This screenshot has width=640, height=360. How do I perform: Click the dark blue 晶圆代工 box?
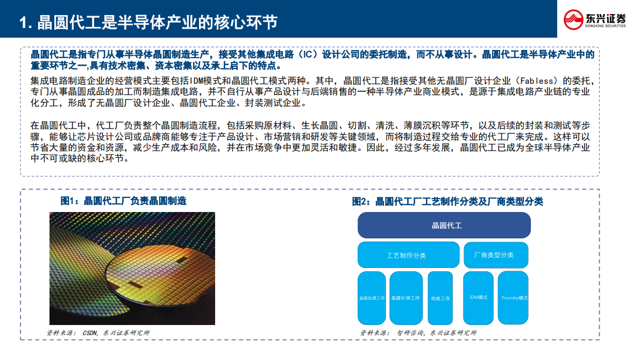[x=444, y=225]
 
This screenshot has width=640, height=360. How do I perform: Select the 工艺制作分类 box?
[x=406, y=255]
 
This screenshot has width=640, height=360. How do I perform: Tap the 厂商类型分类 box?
[x=496, y=255]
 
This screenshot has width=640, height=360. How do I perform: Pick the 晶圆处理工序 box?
[x=372, y=298]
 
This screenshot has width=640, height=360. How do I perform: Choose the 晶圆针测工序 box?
[x=406, y=298]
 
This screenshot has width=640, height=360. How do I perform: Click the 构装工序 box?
[x=440, y=298]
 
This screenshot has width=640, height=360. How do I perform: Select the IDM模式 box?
[x=478, y=298]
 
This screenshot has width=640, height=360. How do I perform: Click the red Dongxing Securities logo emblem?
[x=573, y=19]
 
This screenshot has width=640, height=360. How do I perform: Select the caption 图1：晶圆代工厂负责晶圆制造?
[x=123, y=201]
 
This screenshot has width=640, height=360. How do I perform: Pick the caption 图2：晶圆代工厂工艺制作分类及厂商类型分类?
[x=447, y=201]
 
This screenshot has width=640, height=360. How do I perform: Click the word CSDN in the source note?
[x=89, y=333]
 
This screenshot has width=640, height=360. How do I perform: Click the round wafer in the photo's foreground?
[x=161, y=285]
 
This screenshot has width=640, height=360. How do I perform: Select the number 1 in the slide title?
[x=23, y=23]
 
